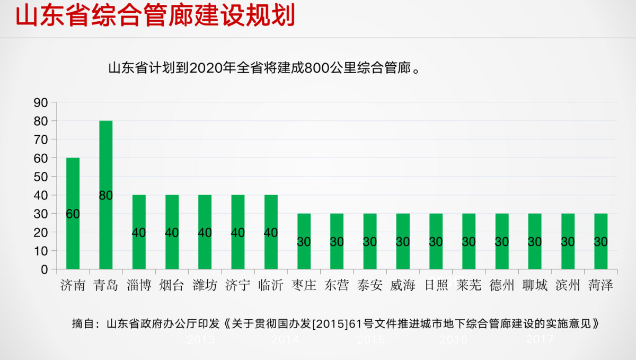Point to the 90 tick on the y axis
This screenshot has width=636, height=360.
pyautogui.click(x=41, y=102)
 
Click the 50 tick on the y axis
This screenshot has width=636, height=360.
pyautogui.click(x=41, y=177)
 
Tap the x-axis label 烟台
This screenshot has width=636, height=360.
pyautogui.click(x=172, y=286)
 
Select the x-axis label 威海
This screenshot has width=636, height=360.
pyautogui.click(x=403, y=286)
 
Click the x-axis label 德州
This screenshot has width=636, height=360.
pyautogui.click(x=502, y=286)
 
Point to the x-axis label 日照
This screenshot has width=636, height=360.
pyautogui.click(x=436, y=286)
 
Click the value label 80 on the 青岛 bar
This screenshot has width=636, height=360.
pyautogui.click(x=106, y=195)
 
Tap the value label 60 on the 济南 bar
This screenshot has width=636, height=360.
pyautogui.click(x=73, y=214)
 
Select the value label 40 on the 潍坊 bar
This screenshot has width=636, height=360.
pyautogui.click(x=205, y=233)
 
